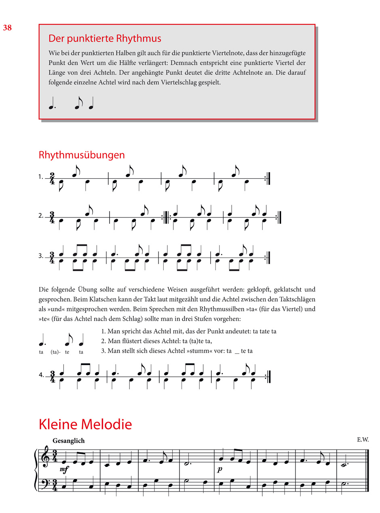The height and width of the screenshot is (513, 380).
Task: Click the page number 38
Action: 7,28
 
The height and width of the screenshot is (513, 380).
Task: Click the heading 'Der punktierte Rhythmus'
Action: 105,39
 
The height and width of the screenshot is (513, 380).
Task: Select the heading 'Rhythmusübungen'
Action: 81,155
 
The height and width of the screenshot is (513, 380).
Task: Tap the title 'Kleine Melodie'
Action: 85,425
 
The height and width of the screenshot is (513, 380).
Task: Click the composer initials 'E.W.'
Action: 363,440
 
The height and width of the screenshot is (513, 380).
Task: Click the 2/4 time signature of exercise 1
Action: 52,178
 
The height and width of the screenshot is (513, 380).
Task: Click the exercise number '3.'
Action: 41,256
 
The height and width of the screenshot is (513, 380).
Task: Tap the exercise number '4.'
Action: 41,375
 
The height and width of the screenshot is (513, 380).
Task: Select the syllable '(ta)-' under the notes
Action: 55,352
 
